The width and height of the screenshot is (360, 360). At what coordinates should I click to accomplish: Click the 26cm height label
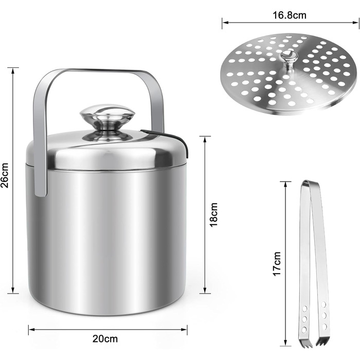click(5, 175)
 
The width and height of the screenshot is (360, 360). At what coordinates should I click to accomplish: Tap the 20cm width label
click(105, 338)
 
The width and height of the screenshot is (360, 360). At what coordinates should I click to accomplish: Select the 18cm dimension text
click(213, 215)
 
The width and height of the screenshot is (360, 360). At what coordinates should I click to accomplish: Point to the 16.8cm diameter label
click(290, 15)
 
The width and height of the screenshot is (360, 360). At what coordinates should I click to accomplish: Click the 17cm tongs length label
click(277, 263)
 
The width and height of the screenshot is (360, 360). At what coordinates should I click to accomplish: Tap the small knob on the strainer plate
click(289, 60)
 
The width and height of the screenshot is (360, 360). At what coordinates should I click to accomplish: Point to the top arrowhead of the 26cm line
click(13, 70)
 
